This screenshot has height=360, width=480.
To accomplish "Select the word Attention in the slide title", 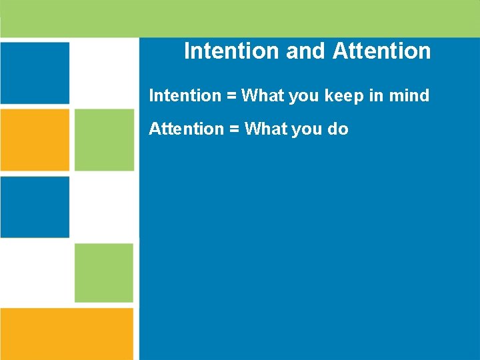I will pyautogui.click(x=381, y=51).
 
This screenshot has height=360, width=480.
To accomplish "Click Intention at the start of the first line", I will pyautogui.click(x=185, y=95).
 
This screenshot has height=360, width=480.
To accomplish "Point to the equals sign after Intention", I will pyautogui.click(x=231, y=96).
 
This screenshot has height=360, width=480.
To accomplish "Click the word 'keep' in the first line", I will pyautogui.click(x=345, y=96).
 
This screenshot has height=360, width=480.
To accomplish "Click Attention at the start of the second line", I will pyautogui.click(x=186, y=129).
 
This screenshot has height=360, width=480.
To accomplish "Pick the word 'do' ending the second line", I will pyautogui.click(x=337, y=129).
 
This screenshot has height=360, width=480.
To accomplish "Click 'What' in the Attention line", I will pyautogui.click(x=265, y=129).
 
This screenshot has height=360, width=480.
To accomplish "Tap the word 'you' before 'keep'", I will pyautogui.click(x=304, y=97).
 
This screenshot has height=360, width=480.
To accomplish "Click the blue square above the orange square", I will pyautogui.click(x=35, y=73).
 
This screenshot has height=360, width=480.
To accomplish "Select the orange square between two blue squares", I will pyautogui.click(x=35, y=139).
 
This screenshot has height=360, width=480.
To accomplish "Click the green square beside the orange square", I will pyautogui.click(x=104, y=139).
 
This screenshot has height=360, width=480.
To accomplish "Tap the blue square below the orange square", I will pyautogui.click(x=35, y=207).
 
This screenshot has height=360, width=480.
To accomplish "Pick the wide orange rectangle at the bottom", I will pyautogui.click(x=67, y=333).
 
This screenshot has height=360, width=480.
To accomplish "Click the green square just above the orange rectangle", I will pyautogui.click(x=104, y=273).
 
